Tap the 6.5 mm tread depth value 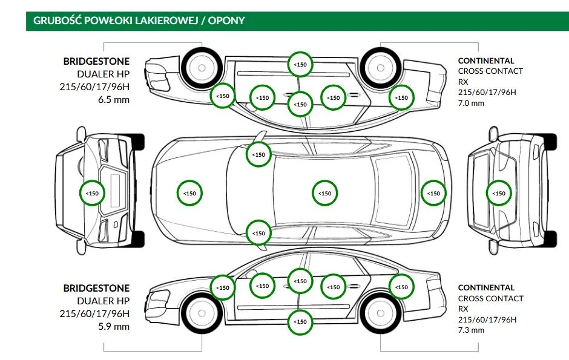tap(114, 99)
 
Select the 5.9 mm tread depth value tap(114, 327)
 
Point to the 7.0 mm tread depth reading tap(471, 103)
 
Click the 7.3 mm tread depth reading tap(471, 330)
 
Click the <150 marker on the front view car tap(93, 194)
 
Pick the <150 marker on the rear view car tap(499, 194)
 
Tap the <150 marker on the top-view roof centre tap(325, 194)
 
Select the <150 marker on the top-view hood tap(189, 194)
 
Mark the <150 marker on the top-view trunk tap(433, 194)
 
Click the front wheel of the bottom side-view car tap(196, 312)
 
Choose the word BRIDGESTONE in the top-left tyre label tap(96, 62)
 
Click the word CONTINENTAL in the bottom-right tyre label tap(486, 287)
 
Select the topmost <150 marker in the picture tap(300, 64)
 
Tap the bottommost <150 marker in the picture tap(300, 322)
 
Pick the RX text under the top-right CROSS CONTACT tap(463, 82)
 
